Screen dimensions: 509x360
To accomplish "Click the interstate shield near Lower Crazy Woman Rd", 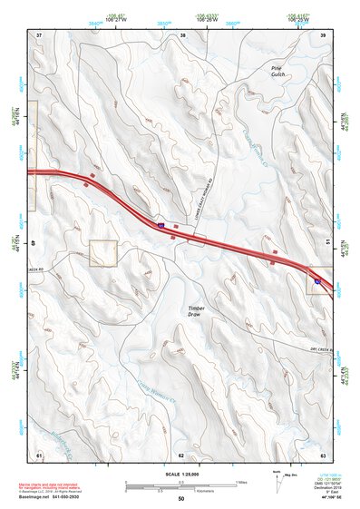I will point(161,224).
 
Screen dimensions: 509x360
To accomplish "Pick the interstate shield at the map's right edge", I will point(317,282).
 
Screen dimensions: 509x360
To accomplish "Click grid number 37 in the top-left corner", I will point(39,35).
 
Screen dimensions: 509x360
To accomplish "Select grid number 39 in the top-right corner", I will point(324,35).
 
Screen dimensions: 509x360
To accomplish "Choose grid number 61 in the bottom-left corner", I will point(39,454).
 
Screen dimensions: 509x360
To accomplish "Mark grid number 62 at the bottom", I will point(181,454).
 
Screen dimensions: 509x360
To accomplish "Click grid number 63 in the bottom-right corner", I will point(324,454).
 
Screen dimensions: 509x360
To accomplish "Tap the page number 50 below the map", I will point(181,498).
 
